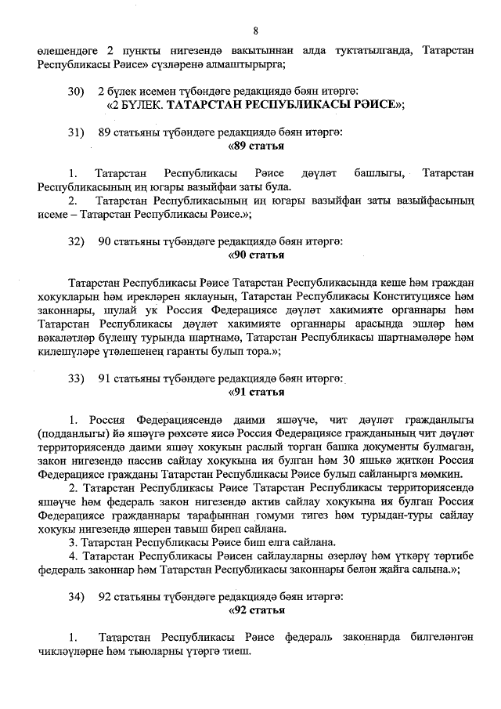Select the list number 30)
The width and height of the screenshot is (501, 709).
[76, 92]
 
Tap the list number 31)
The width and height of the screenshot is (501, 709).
[76, 132]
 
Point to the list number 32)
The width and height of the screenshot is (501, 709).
[76, 241]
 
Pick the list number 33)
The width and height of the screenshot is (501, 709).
[76, 378]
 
